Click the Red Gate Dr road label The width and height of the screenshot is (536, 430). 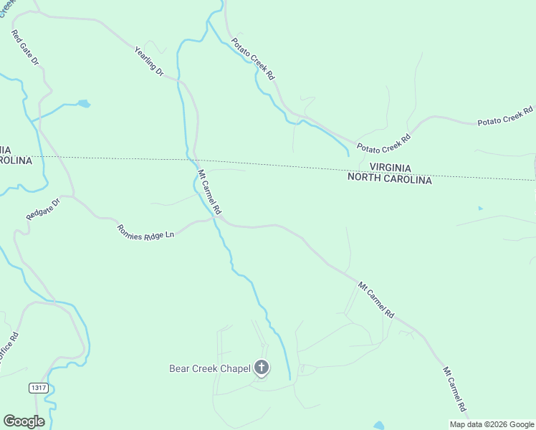[x=24, y=49]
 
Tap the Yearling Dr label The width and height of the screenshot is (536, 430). [x=150, y=62]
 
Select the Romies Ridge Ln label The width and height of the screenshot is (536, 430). [x=145, y=232]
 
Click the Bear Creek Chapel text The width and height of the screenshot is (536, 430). [x=210, y=369]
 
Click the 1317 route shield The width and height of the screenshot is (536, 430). [x=39, y=388]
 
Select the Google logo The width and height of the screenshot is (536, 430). [x=24, y=421]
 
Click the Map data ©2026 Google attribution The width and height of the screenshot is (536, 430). [x=492, y=424]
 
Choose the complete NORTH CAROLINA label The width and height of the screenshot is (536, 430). [x=390, y=181]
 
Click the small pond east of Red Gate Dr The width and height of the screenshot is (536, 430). [x=84, y=104]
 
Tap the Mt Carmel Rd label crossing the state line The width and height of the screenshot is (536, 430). [x=209, y=192]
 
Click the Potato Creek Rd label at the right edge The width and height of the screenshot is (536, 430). [x=506, y=117]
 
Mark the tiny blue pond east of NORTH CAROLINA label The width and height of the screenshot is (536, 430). [x=480, y=209]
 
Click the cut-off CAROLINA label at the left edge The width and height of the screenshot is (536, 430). [x=16, y=161]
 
